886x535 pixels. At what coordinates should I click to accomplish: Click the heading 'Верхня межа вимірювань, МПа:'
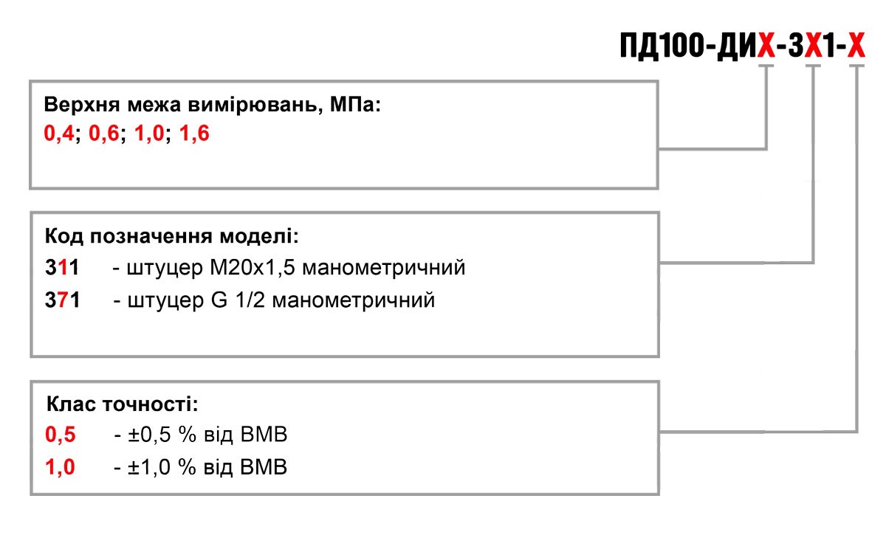[212, 105]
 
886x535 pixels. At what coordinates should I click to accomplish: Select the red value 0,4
[58, 133]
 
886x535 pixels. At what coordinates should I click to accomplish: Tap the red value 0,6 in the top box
[103, 133]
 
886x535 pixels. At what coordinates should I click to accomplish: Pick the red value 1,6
[194, 133]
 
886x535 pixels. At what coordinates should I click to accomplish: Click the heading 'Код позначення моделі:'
[171, 236]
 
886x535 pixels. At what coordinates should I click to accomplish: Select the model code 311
[62, 267]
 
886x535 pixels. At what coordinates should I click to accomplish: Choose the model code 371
[62, 300]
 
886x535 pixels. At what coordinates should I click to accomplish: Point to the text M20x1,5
[253, 267]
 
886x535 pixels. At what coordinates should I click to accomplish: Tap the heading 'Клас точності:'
[123, 404]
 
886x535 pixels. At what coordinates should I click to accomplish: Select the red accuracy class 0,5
[60, 435]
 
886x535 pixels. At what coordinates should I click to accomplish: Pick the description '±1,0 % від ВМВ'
[207, 467]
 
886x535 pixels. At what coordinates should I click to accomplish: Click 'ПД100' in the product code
[662, 46]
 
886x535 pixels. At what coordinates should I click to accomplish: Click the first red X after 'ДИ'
[766, 46]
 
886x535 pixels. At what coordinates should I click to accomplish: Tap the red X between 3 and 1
[813, 46]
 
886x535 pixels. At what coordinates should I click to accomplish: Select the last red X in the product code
[856, 46]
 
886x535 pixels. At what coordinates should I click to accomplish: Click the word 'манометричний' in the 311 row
[384, 267]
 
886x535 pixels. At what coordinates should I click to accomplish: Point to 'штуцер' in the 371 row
[165, 300]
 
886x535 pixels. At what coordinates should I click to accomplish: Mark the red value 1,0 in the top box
[149, 133]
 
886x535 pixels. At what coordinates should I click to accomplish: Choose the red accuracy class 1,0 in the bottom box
[60, 467]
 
